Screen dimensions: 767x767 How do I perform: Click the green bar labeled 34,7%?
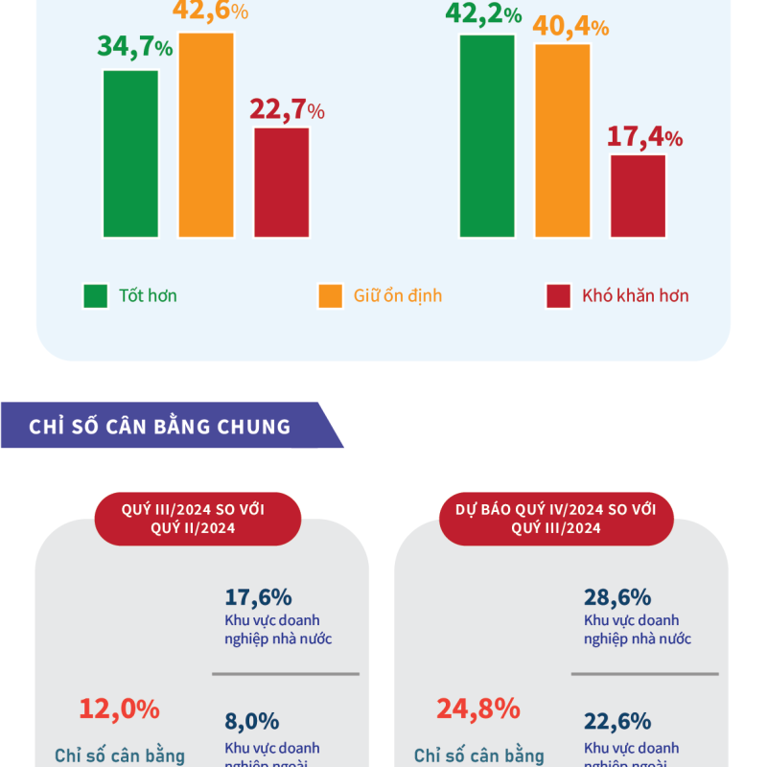(131, 153)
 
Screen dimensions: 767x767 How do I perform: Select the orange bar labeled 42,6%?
(206, 134)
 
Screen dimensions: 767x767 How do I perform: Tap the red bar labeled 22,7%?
(282, 182)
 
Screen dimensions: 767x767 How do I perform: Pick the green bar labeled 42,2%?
(487, 135)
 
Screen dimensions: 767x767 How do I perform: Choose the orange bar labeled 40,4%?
(563, 140)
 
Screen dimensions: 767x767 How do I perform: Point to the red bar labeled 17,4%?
(638, 196)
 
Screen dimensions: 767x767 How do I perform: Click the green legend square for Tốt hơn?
(96, 296)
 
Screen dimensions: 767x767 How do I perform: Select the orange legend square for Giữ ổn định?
(330, 296)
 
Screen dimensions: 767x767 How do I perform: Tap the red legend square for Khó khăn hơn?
(559, 296)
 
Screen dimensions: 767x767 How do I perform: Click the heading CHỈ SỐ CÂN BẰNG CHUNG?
(160, 426)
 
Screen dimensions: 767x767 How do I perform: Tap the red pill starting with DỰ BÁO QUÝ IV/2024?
(556, 519)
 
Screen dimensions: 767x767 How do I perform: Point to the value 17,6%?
(258, 597)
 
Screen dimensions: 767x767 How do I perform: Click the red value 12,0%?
(119, 709)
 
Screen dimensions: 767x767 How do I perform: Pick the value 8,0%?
(252, 721)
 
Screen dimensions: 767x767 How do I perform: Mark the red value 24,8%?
(477, 709)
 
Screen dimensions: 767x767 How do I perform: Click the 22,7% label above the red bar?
(287, 110)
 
